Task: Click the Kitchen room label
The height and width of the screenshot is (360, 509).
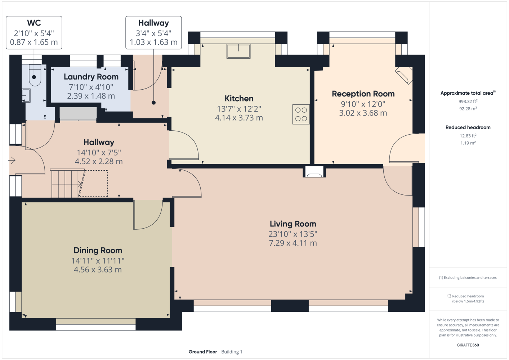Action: coord(239,99)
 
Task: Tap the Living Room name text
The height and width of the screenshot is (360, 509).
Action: coord(293,224)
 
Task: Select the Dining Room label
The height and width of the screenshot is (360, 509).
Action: coord(98,251)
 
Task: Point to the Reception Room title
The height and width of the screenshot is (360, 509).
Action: coord(363,94)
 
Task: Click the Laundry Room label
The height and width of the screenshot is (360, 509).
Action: coord(91,77)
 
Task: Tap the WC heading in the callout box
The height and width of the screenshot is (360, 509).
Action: coord(34,23)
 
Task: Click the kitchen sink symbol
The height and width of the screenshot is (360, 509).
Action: coord(238,51)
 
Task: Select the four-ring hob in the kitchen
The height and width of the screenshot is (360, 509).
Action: coord(301,114)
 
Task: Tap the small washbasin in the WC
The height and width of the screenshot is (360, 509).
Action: coord(26,96)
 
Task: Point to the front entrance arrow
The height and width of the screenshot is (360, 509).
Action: coord(12,161)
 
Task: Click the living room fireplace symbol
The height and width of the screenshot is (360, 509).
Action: coord(314,172)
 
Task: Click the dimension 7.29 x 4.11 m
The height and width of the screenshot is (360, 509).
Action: coord(293,243)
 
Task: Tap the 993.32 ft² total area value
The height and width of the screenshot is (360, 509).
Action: coord(468,101)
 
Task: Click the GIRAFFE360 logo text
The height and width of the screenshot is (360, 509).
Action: coord(468,345)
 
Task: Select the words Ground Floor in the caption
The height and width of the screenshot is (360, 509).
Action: coord(203,352)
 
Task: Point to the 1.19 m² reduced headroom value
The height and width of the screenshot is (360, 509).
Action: coord(468,143)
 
